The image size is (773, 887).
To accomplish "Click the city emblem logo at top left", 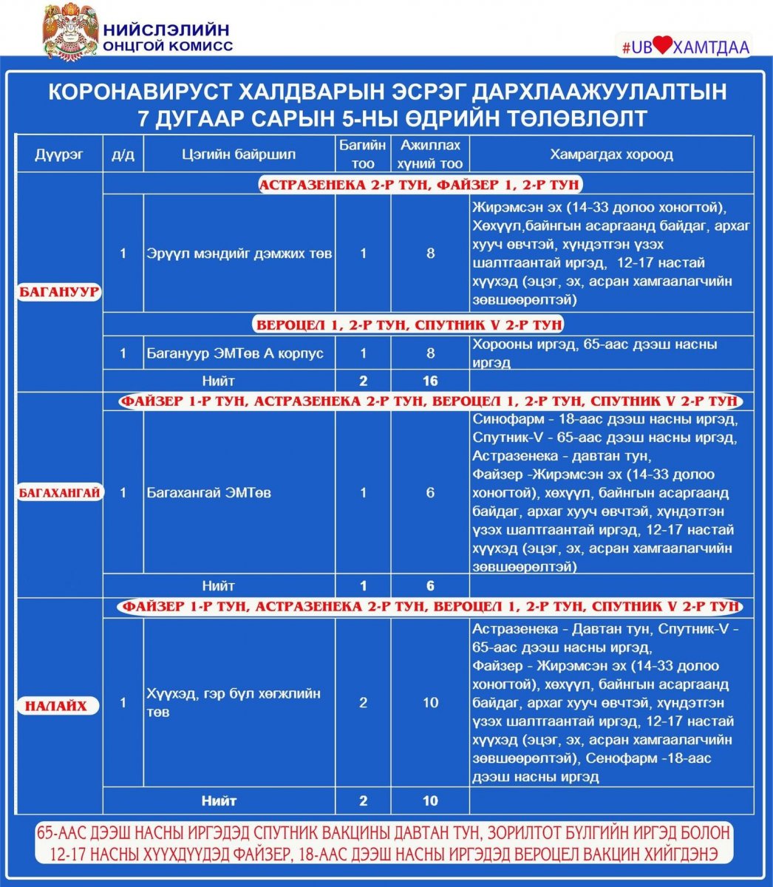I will (x=69, y=31).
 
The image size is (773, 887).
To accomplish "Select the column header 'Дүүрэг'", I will (x=59, y=154).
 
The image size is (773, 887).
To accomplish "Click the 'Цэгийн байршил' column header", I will (x=239, y=154).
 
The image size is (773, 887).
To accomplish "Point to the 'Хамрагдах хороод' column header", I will (x=611, y=154).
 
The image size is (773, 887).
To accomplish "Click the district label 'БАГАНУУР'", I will (x=59, y=291).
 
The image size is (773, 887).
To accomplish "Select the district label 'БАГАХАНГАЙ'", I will (x=59, y=493).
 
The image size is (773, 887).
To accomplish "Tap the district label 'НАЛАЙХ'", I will (x=56, y=706).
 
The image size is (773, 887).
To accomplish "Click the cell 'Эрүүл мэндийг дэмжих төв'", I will (x=239, y=254).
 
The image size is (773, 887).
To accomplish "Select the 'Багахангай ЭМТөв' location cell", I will (x=208, y=493).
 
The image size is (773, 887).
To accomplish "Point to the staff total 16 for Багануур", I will (x=430, y=381).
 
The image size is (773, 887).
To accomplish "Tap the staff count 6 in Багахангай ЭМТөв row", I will (x=430, y=493).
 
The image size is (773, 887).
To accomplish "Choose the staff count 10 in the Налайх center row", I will (x=430, y=702).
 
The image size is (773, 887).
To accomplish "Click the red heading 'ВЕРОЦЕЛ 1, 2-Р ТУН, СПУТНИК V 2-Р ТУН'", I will (x=409, y=324).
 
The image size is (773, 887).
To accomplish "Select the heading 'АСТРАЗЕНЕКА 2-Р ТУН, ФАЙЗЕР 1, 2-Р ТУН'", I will (x=419, y=185).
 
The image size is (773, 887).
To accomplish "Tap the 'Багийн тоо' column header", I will (x=363, y=154).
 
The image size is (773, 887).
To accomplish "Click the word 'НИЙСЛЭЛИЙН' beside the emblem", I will (x=166, y=30).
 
